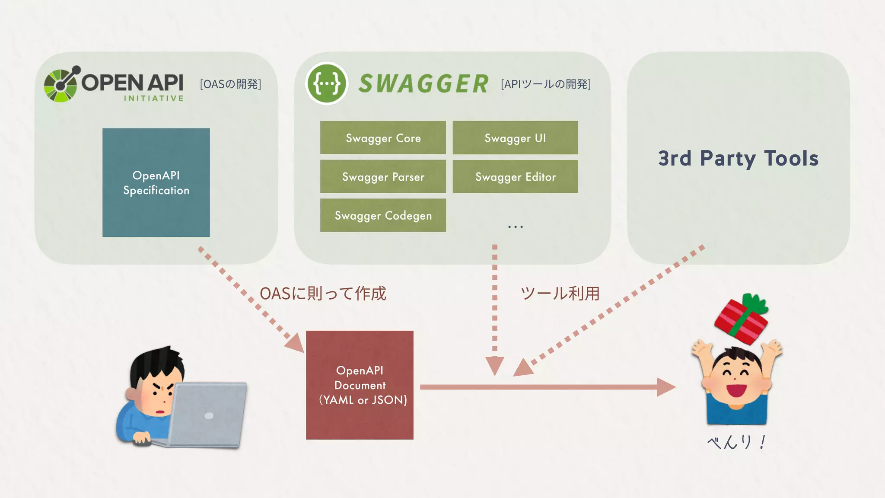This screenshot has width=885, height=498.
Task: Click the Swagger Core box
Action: pyautogui.click(x=383, y=137)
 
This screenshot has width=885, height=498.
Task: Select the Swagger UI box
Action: pyautogui.click(x=515, y=137)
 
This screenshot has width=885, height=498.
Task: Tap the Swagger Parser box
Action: pyautogui.click(x=383, y=176)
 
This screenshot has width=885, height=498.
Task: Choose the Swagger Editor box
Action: pyautogui.click(x=515, y=176)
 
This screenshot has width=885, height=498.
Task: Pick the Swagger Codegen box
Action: pyautogui.click(x=383, y=215)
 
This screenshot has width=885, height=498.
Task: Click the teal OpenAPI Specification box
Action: pyautogui.click(x=156, y=182)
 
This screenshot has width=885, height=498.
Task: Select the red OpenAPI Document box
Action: pyautogui.click(x=360, y=385)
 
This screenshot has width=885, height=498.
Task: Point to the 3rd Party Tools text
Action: pyautogui.click(x=738, y=158)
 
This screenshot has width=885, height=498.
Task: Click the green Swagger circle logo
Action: pyautogui.click(x=327, y=83)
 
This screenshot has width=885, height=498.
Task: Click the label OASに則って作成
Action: pyautogui.click(x=323, y=294)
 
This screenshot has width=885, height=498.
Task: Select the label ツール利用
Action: pyautogui.click(x=560, y=294)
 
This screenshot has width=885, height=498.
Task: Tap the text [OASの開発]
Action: pyautogui.click(x=230, y=84)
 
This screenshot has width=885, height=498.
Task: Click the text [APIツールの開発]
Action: pyautogui.click(x=546, y=84)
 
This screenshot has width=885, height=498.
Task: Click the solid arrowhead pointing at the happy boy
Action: pyautogui.click(x=666, y=387)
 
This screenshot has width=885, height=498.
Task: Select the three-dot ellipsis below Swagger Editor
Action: pyautogui.click(x=516, y=227)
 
